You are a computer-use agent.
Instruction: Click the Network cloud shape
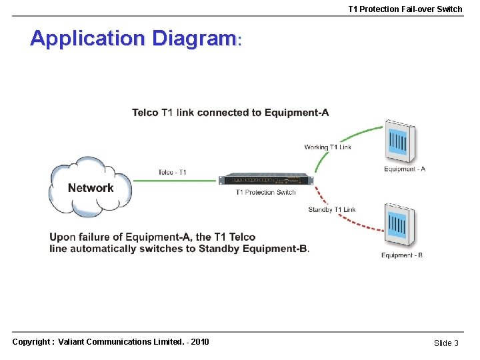[90, 187]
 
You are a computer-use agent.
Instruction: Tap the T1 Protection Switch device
[266, 179]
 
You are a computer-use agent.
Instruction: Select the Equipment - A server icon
[400, 142]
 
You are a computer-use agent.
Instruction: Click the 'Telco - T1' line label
[172, 172]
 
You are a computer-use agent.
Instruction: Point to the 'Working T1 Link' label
[327, 147]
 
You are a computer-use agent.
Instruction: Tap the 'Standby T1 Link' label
[332, 209]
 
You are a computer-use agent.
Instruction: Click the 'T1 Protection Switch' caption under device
[265, 192]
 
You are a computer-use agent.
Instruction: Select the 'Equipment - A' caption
[405, 169]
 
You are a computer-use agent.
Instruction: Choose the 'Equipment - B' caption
[401, 255]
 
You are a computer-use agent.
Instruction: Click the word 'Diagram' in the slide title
[194, 38]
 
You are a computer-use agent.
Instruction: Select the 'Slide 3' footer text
[446, 343]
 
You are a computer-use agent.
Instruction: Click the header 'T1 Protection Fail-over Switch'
[405, 9]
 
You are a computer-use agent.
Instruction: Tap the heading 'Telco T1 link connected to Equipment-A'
[230, 112]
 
